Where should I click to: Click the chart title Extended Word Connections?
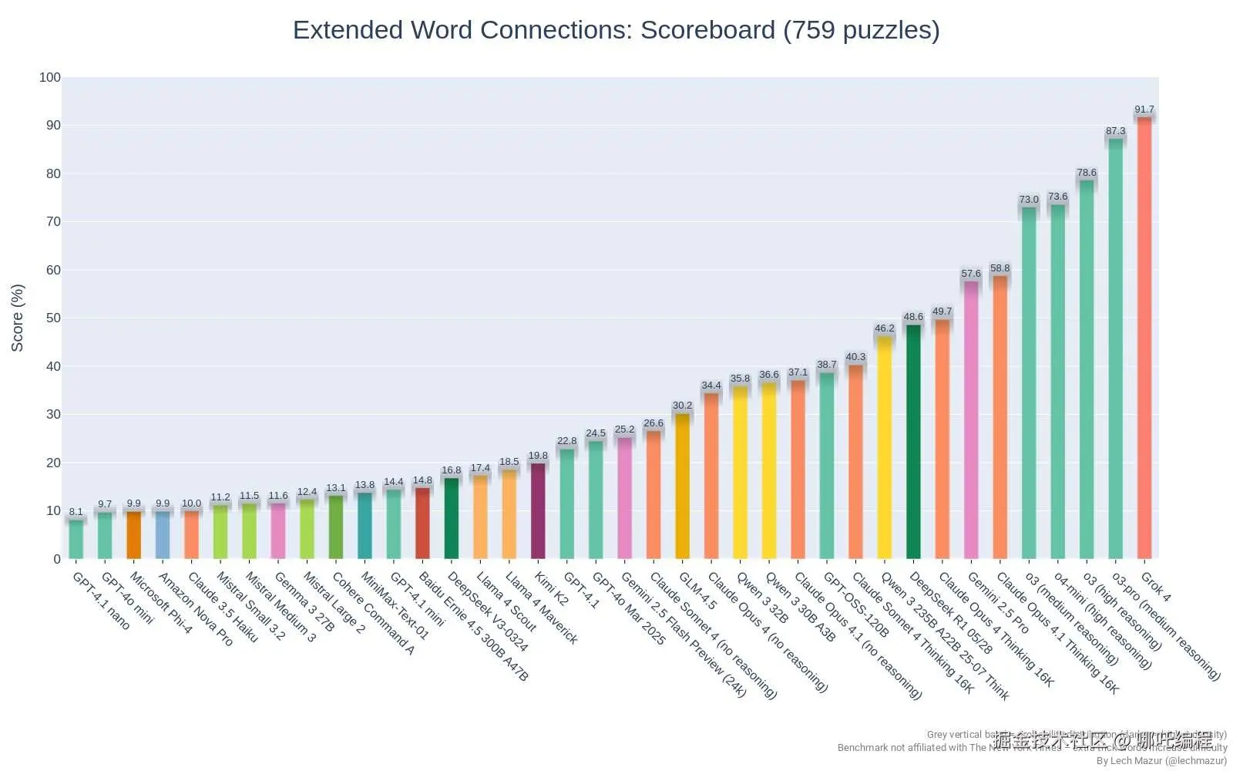(x=616, y=30)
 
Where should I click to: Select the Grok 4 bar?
(x=1144, y=339)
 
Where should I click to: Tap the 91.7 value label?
(x=1144, y=109)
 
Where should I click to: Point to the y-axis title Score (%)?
(x=17, y=318)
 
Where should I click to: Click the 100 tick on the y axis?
(x=50, y=77)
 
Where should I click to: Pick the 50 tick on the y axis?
(x=52, y=318)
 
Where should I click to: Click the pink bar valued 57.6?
(x=971, y=420)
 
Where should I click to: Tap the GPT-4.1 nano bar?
(x=76, y=540)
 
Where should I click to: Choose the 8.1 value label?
(x=76, y=511)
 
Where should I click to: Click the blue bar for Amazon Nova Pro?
(x=163, y=535)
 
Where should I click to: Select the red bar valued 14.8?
(x=422, y=524)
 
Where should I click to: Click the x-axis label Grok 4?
(x=1155, y=587)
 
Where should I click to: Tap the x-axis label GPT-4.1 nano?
(x=101, y=601)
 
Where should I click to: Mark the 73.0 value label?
(x=1029, y=200)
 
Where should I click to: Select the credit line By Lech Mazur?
(x=1161, y=760)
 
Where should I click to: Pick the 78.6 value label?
(x=1087, y=173)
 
